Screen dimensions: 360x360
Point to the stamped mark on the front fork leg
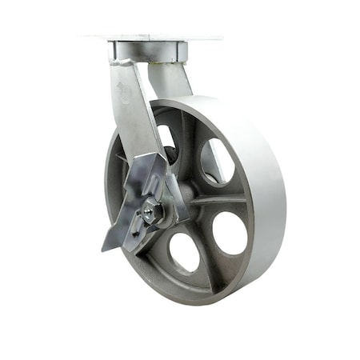tap(120, 82)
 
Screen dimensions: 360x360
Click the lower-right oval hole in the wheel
tap(230, 233)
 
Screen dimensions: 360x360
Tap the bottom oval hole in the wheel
tap(184, 252)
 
